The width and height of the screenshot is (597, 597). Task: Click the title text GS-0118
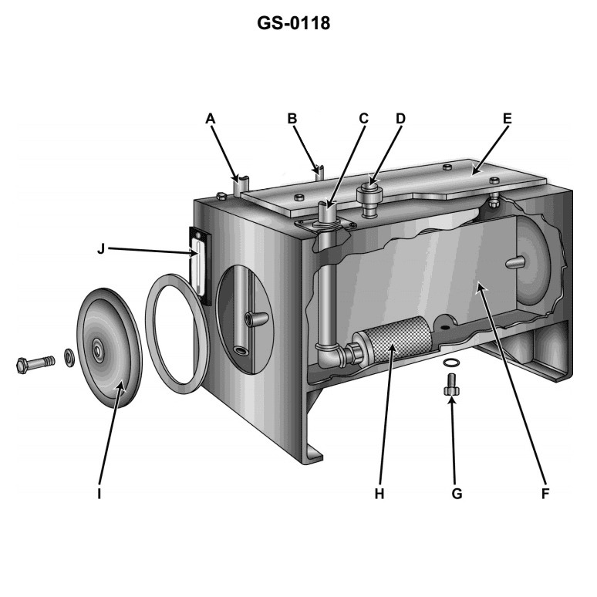[298, 24]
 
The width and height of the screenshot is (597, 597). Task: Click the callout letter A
[210, 118]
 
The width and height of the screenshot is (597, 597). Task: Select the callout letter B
[292, 118]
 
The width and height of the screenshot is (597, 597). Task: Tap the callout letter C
[363, 118]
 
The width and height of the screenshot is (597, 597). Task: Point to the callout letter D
[400, 118]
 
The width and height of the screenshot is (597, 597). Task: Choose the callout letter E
[507, 118]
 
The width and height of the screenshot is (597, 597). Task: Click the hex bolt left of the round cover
[35, 363]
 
